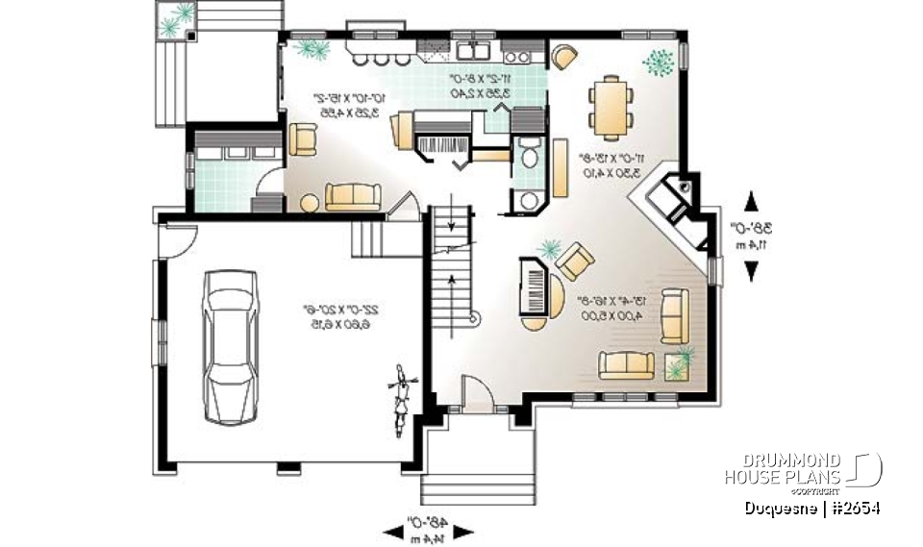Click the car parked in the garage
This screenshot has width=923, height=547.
pos(232,344)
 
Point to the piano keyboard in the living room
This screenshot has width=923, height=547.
pos(532,285)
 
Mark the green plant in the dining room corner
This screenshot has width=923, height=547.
pos(660,61)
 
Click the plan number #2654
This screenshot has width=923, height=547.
pos(852,508)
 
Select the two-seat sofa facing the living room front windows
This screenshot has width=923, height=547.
pos(627,365)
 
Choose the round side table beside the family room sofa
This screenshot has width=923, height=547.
pos(310,203)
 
